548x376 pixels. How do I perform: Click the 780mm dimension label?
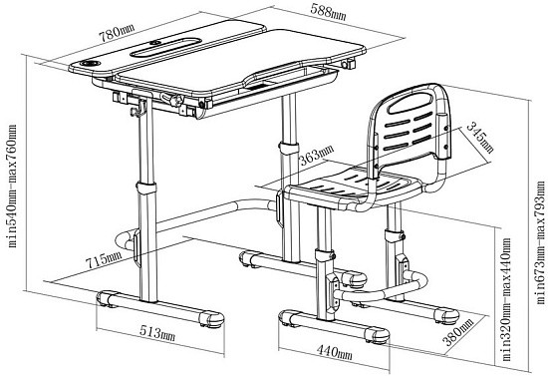[117, 33]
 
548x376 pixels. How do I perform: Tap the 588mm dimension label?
[328, 13]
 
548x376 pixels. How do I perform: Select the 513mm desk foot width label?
[157, 333]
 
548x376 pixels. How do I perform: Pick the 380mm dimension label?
[459, 331]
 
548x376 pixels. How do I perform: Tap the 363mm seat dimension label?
[317, 155]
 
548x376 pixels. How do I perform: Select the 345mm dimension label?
[481, 137]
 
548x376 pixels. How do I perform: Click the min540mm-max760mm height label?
[12, 187]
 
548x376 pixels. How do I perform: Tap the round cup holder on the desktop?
[90, 63]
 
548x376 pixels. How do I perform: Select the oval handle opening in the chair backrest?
[409, 104]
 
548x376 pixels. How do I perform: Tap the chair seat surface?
[353, 187]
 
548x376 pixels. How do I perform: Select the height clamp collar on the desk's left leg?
[146, 188]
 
